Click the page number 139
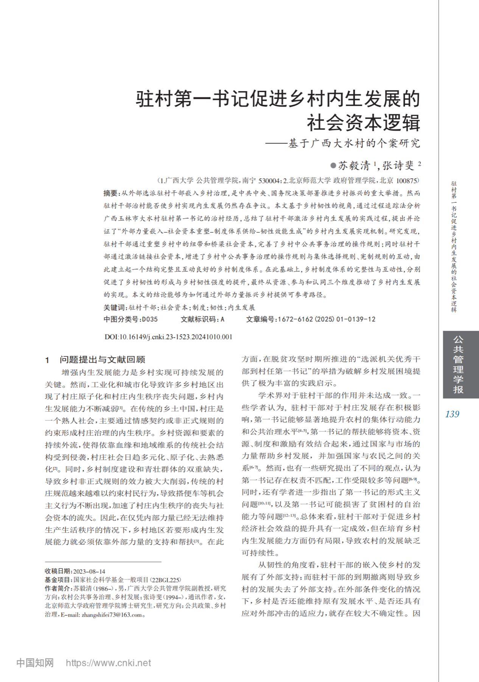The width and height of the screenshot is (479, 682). pos(452,414)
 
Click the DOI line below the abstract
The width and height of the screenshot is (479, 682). pos(168,337)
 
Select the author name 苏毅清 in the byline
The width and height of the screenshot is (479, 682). pos(354,166)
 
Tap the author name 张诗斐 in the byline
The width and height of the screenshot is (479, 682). pos(398,166)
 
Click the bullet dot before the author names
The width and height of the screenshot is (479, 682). pos(333,166)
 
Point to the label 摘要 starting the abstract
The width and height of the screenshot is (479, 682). pos(111,193)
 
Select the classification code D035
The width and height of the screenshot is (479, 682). pos(149,319)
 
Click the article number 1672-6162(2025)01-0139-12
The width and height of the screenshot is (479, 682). pos(327,319)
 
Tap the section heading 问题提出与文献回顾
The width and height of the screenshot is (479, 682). pos(102,360)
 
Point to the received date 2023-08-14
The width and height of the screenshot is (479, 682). pos(89,571)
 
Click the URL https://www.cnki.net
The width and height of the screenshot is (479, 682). pos(108,663)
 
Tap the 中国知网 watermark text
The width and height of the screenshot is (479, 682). pos(35,663)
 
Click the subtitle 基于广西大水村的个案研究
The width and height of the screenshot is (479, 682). pos(354,144)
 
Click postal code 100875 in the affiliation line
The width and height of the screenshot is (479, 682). pos(406,181)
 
